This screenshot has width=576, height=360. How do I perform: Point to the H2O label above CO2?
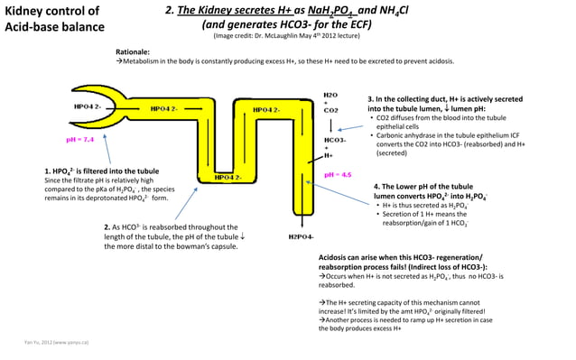coord(330,93)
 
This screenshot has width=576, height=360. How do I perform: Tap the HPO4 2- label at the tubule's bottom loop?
coord(228,177)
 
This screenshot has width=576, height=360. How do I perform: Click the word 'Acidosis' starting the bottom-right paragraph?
coord(336,257)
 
